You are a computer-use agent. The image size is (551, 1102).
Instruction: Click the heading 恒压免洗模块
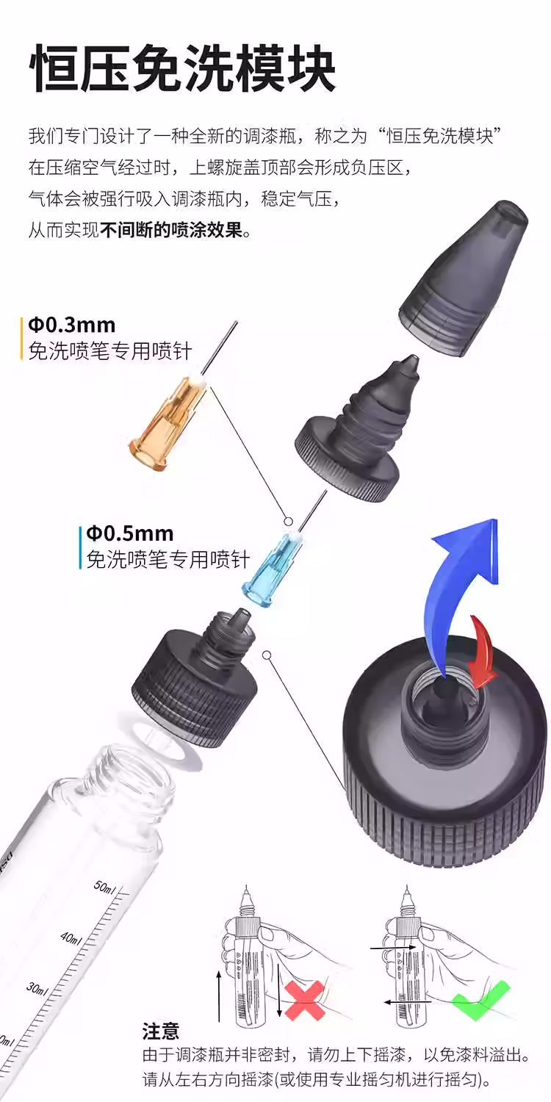coord(182,69)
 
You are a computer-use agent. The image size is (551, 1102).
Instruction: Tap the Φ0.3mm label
coord(71,325)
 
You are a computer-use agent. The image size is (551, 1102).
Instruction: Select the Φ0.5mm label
coord(129,533)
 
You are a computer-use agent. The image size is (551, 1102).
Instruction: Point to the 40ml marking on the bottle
coord(71,937)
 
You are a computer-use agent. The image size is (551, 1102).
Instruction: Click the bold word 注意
coord(160,1031)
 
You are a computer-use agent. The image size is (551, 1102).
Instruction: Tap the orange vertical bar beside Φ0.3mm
coord(22,338)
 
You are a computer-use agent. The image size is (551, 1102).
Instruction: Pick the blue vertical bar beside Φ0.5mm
coord(80,547)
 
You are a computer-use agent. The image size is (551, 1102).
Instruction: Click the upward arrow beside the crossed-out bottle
coord(219,995)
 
